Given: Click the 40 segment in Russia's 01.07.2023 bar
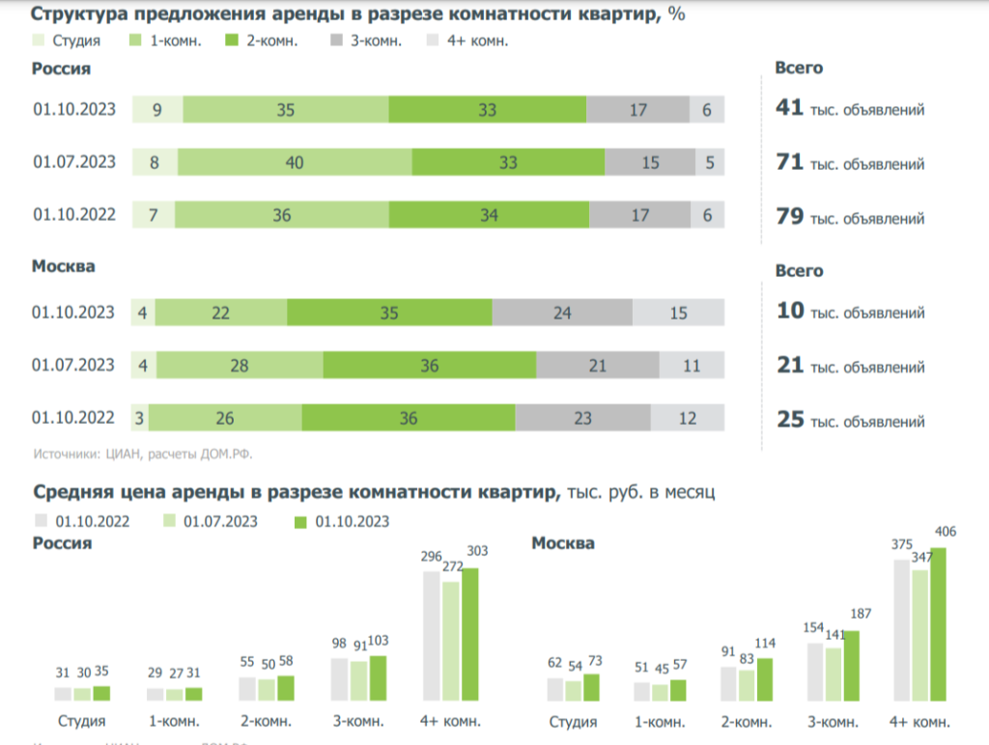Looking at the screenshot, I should point(295,163).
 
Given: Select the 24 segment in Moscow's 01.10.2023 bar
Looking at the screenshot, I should point(562,313).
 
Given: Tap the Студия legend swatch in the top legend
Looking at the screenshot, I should point(39,41).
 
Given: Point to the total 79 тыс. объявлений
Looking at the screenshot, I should point(850,217).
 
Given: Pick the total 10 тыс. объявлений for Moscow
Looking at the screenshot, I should point(850,312).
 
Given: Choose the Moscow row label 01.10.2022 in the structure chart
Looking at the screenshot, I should point(73,418).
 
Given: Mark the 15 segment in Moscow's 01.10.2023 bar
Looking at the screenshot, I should point(678,313).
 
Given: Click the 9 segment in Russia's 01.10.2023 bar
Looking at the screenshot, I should point(157,110).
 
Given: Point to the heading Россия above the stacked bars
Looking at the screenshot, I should point(62,69).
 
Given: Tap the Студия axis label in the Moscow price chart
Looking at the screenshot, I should point(573,722).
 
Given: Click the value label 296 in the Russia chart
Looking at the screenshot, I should point(432,557).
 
